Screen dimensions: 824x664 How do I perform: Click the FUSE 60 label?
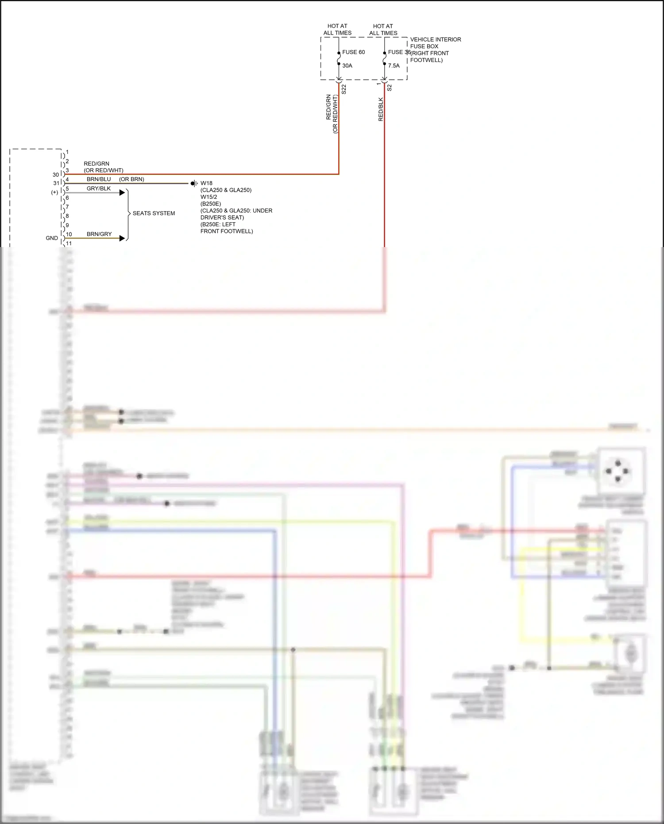coord(353,52)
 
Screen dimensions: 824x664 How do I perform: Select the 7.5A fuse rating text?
coord(394,66)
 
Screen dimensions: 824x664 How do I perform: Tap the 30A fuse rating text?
coord(347,66)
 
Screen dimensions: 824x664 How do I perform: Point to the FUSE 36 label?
coord(399,52)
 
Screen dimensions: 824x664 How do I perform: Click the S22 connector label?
coord(344,89)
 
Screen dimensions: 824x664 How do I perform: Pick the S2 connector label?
coord(390,88)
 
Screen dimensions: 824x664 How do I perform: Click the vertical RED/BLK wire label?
coord(381,109)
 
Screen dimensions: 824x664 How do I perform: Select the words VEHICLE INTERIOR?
coord(435,39)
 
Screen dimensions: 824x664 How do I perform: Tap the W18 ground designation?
coord(206,183)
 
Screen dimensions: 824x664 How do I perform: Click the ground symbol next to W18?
coord(194,183)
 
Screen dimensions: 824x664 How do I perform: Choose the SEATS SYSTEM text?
coord(154,213)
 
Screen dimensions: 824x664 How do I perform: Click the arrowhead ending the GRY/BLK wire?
coord(123,193)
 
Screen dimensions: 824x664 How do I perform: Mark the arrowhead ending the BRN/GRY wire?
coord(123,238)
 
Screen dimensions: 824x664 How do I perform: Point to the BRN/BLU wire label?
coord(99,179)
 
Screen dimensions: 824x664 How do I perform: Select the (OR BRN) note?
coord(131,179)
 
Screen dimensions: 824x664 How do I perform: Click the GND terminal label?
coord(52,238)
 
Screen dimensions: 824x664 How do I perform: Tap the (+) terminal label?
coord(54,192)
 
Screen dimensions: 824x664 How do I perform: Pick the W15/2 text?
coord(208,197)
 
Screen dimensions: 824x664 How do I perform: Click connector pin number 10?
coord(69,234)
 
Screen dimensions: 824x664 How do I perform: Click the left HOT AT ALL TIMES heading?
coord(337,29)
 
